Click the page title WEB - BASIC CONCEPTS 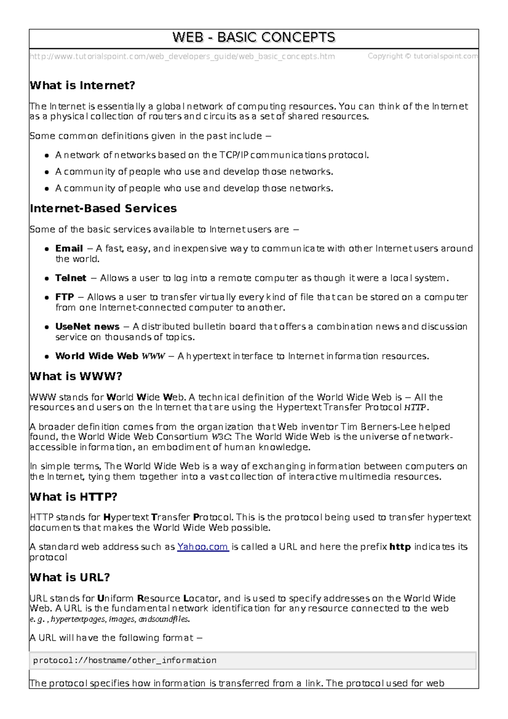pos(254,38)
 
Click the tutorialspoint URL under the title pos(182,56)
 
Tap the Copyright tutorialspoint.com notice pos(422,56)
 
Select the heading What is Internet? pos(82,86)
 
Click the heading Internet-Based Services pos(103,208)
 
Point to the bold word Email pos(69,249)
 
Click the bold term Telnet pos(71,278)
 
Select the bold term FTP pos(64,297)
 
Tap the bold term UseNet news pos(87,327)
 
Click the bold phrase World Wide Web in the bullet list pos(97,356)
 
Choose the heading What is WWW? pos(76,376)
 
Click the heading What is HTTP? pos(73,497)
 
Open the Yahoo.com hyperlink pos(203,547)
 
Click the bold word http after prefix pos(400,547)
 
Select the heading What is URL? pos(70,578)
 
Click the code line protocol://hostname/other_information pos(125,661)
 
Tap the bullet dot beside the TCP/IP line pos(47,155)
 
